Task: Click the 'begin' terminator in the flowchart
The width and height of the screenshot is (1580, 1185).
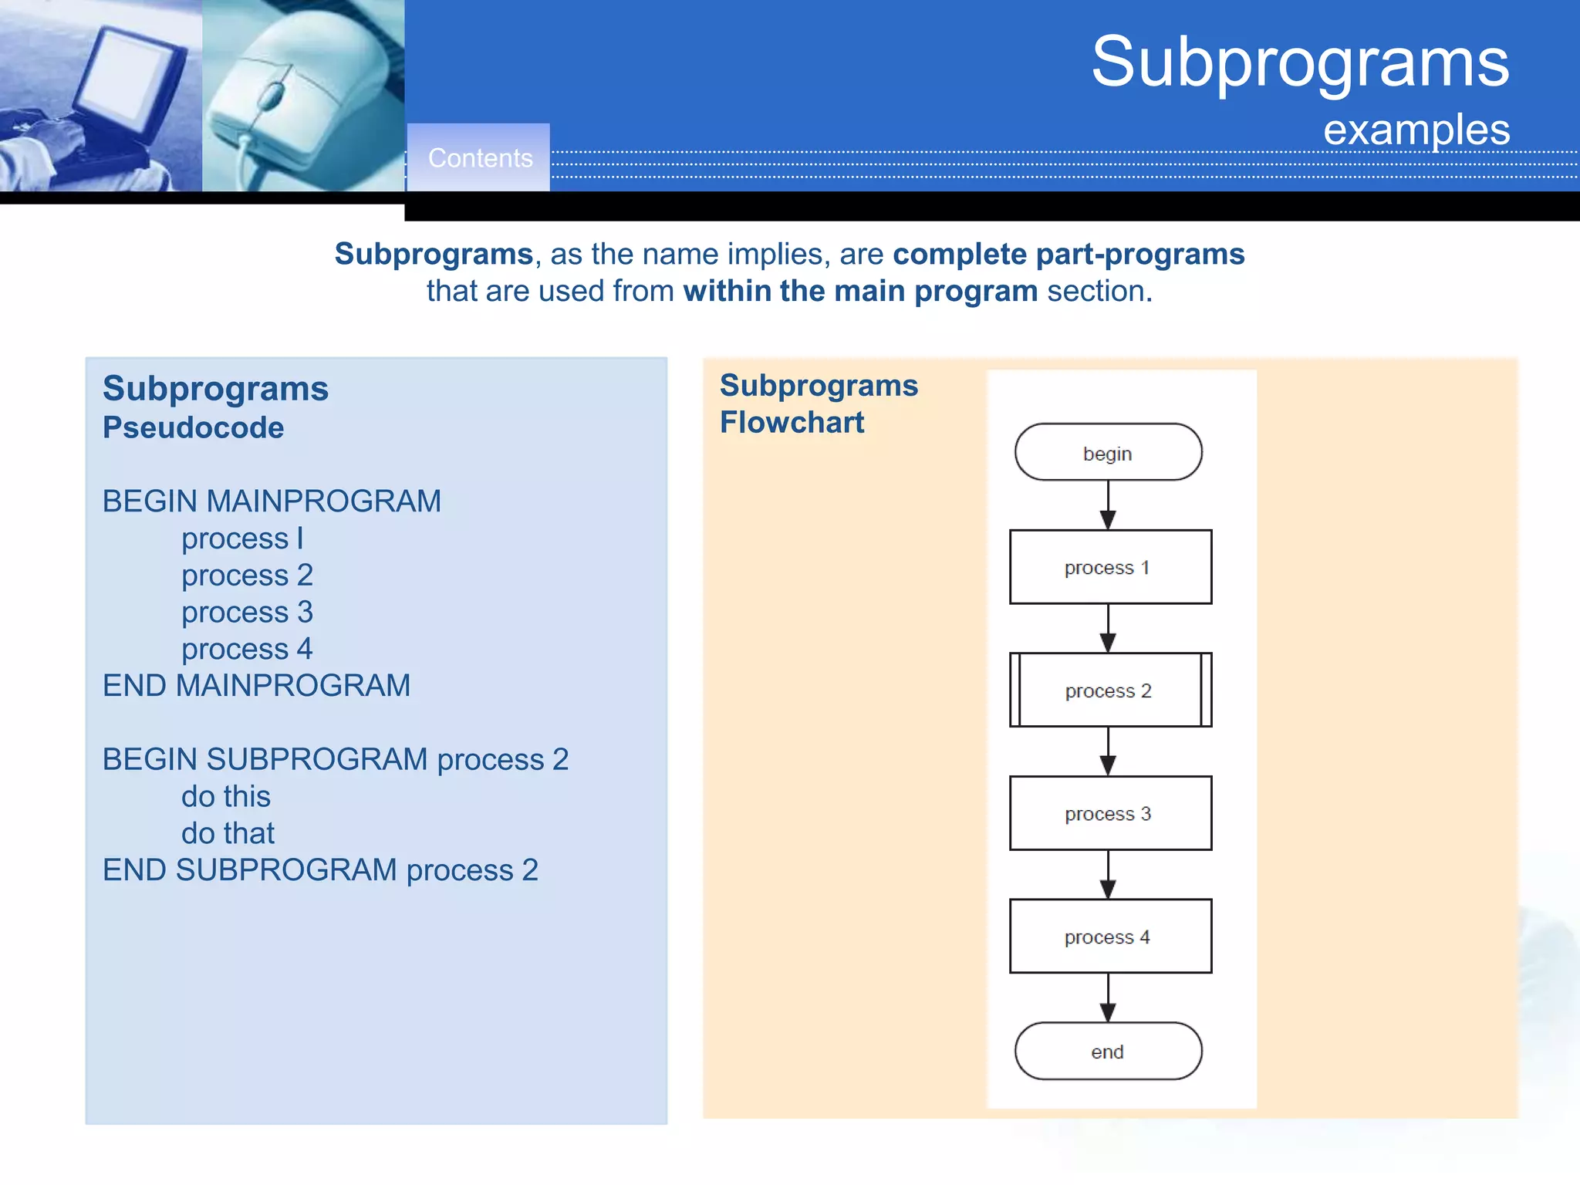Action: (1108, 452)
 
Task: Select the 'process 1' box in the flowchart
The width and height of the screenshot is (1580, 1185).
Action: (1109, 567)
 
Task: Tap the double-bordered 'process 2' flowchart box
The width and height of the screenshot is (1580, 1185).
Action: (1109, 690)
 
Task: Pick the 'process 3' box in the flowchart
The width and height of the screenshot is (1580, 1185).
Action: (1109, 813)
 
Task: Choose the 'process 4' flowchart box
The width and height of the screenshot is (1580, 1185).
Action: (1109, 936)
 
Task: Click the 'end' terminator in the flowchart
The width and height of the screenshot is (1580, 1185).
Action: (1108, 1051)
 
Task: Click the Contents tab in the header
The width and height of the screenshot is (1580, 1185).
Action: (479, 158)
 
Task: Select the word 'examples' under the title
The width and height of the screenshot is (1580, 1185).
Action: (1416, 130)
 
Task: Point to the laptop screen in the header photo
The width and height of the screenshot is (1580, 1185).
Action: (123, 77)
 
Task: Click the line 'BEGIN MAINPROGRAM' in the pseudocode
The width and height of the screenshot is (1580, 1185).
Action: (272, 501)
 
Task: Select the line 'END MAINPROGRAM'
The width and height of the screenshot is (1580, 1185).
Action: (256, 686)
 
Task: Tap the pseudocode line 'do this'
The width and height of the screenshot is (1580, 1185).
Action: (225, 796)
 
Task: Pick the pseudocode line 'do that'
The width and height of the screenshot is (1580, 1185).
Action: (228, 833)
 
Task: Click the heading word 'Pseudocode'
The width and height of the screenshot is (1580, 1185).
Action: (193, 427)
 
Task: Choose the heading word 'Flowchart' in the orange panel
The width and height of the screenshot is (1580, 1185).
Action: (792, 423)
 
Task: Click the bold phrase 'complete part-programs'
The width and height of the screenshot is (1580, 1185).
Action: (1069, 254)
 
